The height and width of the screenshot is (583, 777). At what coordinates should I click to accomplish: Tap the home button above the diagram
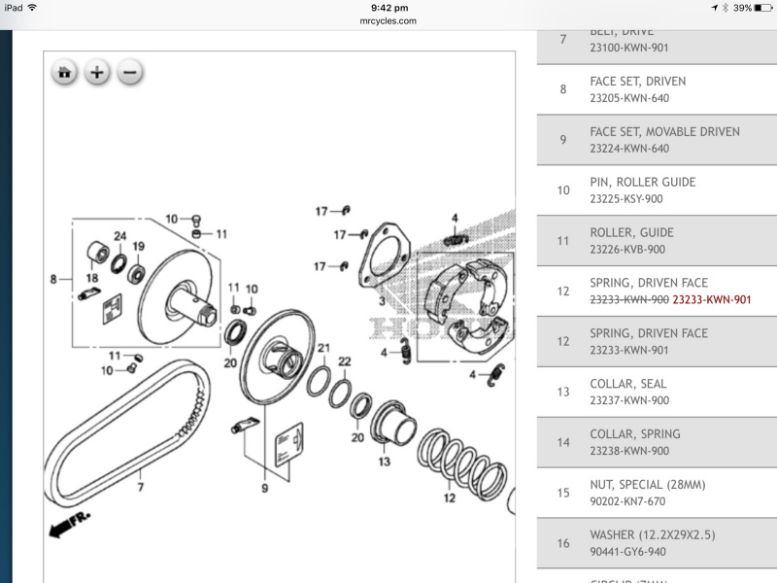point(65,72)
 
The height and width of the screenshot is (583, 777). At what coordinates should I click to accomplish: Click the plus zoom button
point(97,72)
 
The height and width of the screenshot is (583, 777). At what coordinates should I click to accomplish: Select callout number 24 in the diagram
point(119,236)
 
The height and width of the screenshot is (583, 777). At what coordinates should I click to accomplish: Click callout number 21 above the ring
point(323,348)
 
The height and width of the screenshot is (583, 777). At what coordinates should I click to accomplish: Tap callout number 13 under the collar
point(385,462)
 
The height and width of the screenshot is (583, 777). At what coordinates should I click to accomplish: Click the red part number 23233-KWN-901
point(712,299)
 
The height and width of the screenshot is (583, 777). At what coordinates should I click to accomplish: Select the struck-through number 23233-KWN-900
point(628,299)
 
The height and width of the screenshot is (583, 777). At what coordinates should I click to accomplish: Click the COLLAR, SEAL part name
point(627,384)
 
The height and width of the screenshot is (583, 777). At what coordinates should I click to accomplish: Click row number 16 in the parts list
point(563,543)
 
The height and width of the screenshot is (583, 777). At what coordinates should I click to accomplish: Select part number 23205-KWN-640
point(628,98)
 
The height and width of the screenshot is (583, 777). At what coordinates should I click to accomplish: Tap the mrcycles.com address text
point(388,20)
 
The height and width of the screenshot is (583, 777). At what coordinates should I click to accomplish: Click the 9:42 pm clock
point(388,8)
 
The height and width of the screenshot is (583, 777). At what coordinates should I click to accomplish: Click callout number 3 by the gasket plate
point(382,302)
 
